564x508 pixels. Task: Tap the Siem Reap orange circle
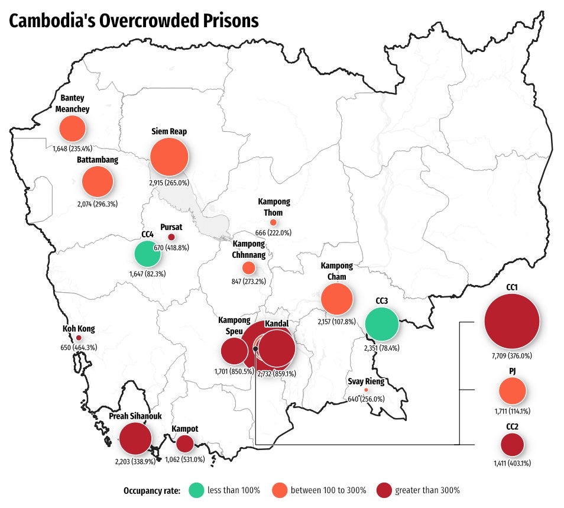(x=169, y=157)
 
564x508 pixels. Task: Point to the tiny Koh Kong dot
(x=79, y=338)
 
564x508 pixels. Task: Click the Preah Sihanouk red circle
(x=135, y=439)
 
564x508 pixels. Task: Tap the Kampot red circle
(x=184, y=444)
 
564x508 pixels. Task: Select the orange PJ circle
(x=512, y=391)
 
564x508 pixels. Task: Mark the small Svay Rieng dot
(x=366, y=390)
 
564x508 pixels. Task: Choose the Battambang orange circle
(x=97, y=182)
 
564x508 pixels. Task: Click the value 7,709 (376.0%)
(x=511, y=356)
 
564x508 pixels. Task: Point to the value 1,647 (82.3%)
(x=147, y=274)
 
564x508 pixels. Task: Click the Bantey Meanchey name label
(x=72, y=103)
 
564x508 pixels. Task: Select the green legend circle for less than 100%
(x=197, y=490)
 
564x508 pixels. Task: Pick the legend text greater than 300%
(x=427, y=490)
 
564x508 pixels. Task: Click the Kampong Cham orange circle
(x=336, y=299)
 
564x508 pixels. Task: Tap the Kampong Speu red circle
(x=234, y=351)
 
